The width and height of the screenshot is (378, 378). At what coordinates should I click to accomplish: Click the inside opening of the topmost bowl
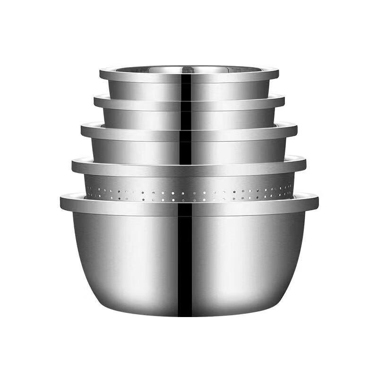point(189,69)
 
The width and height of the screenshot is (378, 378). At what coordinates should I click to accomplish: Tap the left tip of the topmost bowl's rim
point(101,74)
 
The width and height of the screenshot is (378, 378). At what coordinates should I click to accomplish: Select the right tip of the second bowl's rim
point(283,101)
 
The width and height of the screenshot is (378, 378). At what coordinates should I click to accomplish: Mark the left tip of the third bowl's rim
point(82,130)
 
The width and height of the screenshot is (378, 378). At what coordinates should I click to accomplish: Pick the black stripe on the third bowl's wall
point(186,151)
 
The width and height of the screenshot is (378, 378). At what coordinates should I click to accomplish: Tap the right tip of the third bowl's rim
point(296,130)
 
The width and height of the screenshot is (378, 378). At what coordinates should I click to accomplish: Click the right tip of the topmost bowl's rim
point(278,74)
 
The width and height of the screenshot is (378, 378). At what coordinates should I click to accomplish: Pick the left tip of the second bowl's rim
point(94,101)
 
